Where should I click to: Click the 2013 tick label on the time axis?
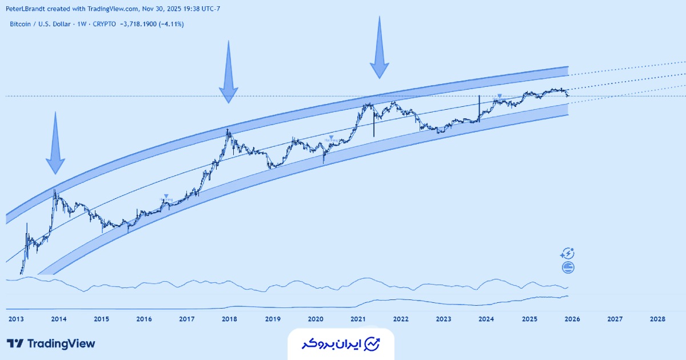click(x=15, y=319)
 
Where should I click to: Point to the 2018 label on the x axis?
click(x=229, y=319)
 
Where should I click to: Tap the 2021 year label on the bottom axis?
click(x=358, y=319)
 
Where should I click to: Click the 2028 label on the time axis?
click(x=657, y=319)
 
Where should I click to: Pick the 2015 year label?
click(x=101, y=319)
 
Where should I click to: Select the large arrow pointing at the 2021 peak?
click(x=379, y=49)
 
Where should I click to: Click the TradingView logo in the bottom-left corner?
click(x=51, y=343)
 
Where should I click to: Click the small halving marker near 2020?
click(x=332, y=138)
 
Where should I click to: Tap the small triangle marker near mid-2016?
click(x=166, y=197)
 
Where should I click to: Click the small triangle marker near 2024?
click(x=500, y=96)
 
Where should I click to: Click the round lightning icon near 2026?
click(x=568, y=254)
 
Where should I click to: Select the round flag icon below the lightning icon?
click(x=568, y=267)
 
